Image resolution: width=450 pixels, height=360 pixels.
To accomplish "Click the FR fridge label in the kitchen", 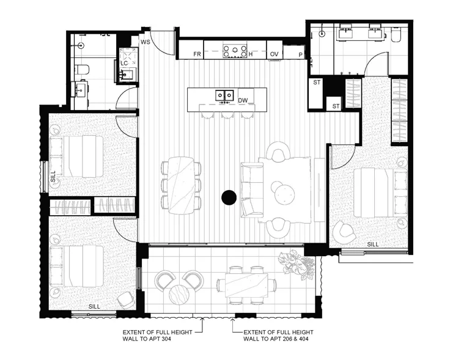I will coord(197,54).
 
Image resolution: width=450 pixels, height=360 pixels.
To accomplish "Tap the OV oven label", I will coord(275,54).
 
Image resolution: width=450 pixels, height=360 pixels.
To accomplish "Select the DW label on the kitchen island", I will coord(243,100).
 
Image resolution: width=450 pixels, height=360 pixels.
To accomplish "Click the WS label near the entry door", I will coord(146,42).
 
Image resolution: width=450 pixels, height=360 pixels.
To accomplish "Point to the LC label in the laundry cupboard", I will coord(124,63).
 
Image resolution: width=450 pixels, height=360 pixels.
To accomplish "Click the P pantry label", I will coord(300,54).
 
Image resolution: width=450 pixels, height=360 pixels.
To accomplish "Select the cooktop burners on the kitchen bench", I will coord(234,51).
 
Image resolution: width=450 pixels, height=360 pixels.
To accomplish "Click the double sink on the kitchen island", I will coord(223,95).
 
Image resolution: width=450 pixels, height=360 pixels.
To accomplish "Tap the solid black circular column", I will coord(229,197).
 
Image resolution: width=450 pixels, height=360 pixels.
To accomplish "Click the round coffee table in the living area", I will coord(285,194).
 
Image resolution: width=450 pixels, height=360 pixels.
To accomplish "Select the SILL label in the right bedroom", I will coord(373,244).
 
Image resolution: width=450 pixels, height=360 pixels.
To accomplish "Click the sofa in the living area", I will coord(249,189).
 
